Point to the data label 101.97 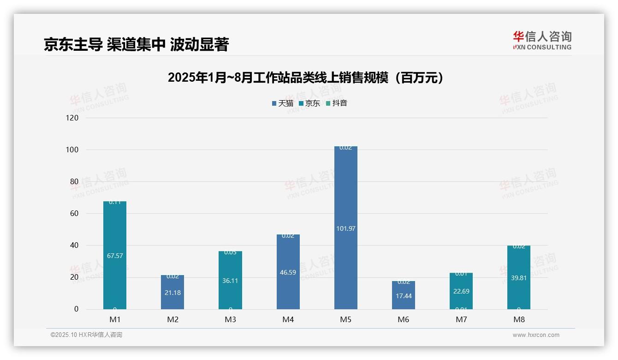pos(345,228)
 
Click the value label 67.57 pos(115,256)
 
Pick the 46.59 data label pos(288,272)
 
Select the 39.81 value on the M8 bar pos(519,278)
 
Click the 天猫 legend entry pos(282,103)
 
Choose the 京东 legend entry pos(309,103)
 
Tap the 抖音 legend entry pos(336,103)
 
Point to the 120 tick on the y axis pos(72,118)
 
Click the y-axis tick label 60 pos(74,214)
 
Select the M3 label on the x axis pos(230,319)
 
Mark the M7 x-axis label pos(461,319)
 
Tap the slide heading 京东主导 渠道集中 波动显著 pos(136,44)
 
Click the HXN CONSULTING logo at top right pos(542,41)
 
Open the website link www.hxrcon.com pos(536,335)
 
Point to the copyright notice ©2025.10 pos(86,335)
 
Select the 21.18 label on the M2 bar pos(172,293)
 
